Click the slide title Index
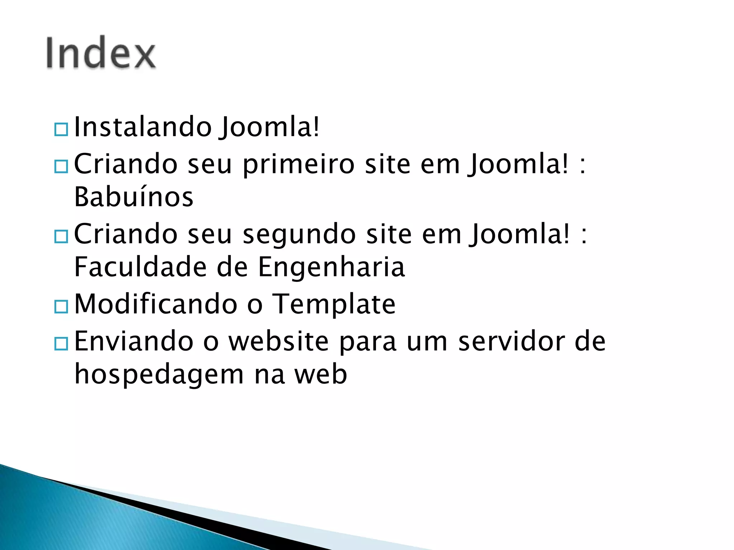click(101, 53)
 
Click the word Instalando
click(143, 127)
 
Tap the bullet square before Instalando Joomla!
click(61, 129)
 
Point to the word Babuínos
click(134, 197)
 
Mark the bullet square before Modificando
click(61, 307)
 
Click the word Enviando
click(134, 341)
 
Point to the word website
click(278, 341)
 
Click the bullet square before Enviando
click(61, 344)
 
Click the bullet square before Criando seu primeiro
click(61, 167)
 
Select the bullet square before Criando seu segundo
click(61, 237)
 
